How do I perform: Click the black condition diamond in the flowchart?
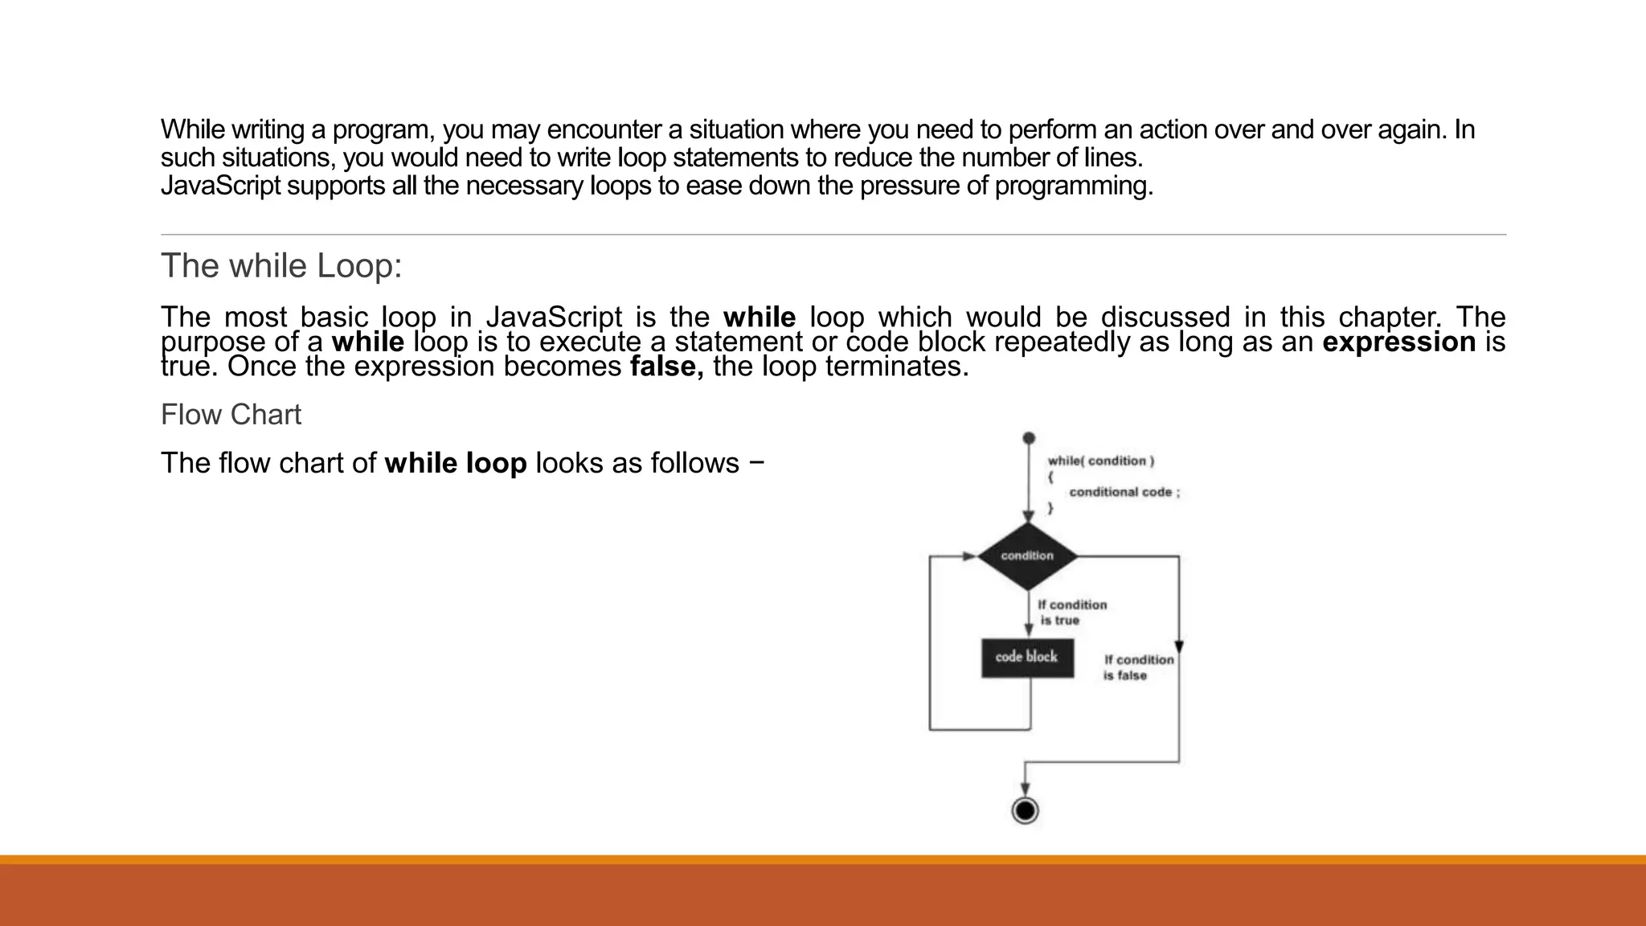pyautogui.click(x=1027, y=555)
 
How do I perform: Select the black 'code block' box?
pyautogui.click(x=1027, y=658)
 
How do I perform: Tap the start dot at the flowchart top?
pyautogui.click(x=1028, y=438)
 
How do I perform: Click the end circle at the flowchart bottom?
pyautogui.click(x=1025, y=810)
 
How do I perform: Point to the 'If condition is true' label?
pyautogui.click(x=1071, y=613)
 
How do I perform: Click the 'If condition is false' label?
pyautogui.click(x=1137, y=667)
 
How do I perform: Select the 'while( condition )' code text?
pyautogui.click(x=1100, y=461)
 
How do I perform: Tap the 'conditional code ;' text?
pyautogui.click(x=1124, y=492)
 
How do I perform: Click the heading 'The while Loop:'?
pyautogui.click(x=281, y=266)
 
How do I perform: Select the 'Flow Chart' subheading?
pyautogui.click(x=231, y=415)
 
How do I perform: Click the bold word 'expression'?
pyautogui.click(x=1398, y=342)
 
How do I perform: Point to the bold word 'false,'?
pyautogui.click(x=666, y=367)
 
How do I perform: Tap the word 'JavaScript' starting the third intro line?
pyautogui.click(x=220, y=186)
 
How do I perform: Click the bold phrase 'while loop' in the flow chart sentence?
pyautogui.click(x=456, y=463)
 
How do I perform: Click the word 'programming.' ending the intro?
pyautogui.click(x=1074, y=186)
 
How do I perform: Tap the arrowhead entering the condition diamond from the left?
pyautogui.click(x=970, y=555)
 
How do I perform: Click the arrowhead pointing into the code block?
pyautogui.click(x=1028, y=630)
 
